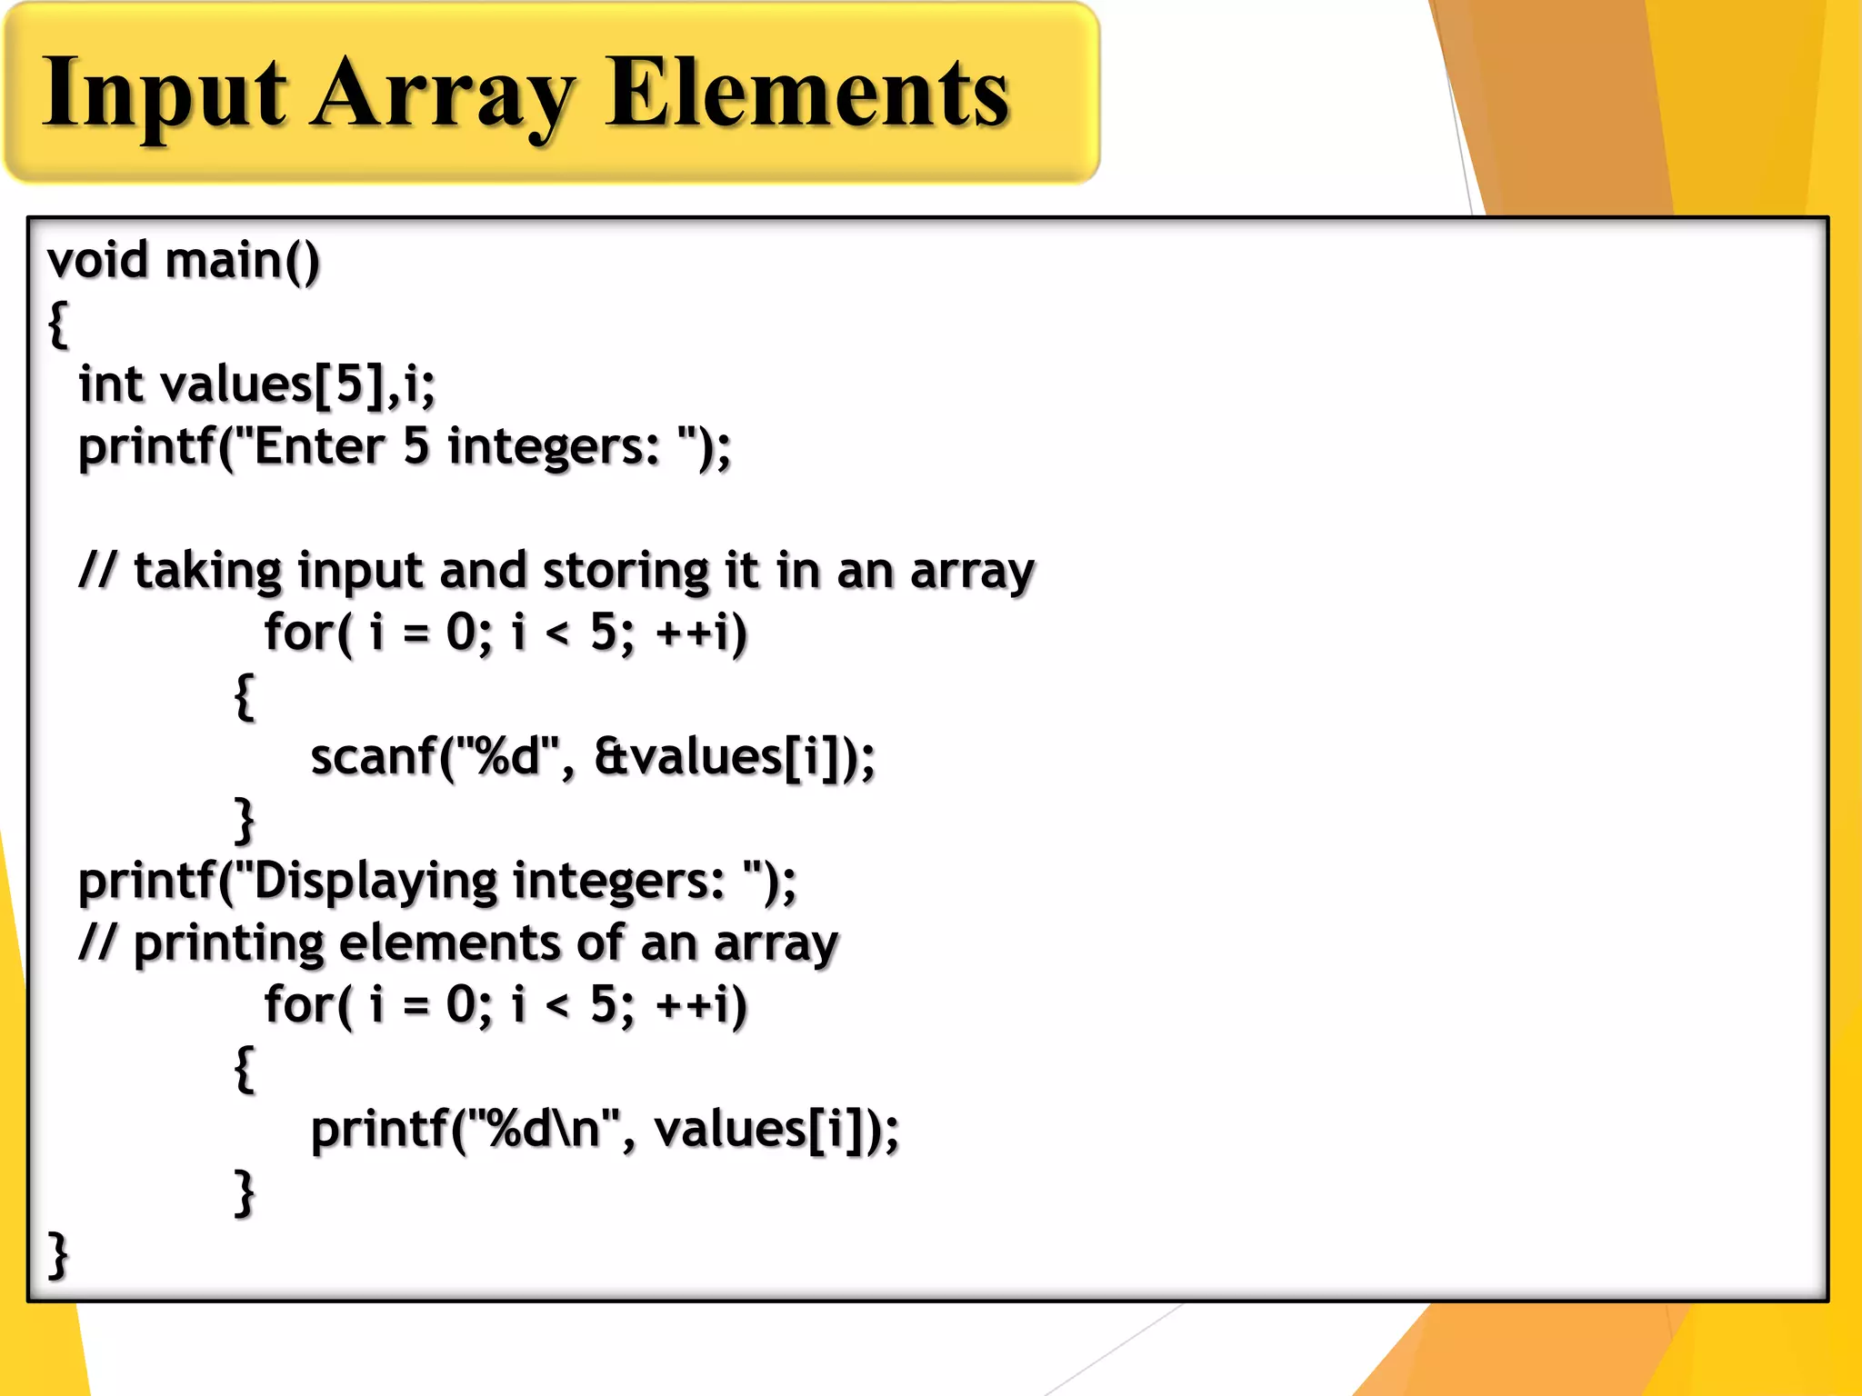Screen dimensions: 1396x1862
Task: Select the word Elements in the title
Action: [807, 94]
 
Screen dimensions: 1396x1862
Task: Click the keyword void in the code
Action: [97, 260]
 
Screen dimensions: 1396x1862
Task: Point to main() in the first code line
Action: [243, 261]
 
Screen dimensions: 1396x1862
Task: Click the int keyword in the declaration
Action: [111, 384]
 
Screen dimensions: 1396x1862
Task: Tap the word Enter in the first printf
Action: [319, 446]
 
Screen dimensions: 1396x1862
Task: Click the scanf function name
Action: [373, 757]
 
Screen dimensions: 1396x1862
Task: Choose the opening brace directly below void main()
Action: [58, 323]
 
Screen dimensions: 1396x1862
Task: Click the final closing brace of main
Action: [58, 1254]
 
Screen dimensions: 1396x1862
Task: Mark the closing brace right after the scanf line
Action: [245, 820]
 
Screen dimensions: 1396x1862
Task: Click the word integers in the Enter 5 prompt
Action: [553, 447]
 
